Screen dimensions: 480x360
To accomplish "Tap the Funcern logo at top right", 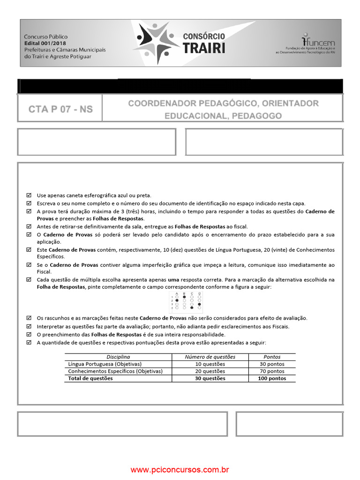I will click(312, 43).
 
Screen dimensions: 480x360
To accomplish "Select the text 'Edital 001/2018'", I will click(45, 43).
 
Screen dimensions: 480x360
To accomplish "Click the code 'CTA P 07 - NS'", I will click(60, 110).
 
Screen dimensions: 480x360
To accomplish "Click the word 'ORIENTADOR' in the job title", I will click(290, 103).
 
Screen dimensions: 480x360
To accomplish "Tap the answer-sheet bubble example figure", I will click(187, 301).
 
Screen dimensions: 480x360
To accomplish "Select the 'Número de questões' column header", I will click(210, 357).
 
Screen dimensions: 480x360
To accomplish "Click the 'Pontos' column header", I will click(272, 357).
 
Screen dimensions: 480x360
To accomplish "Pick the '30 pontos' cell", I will click(272, 364).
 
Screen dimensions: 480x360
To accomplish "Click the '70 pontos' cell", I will click(272, 371).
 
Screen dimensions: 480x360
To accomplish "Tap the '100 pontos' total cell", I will click(272, 378).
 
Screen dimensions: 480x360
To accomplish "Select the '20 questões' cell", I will click(210, 371).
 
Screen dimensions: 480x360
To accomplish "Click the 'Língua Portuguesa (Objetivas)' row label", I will click(105, 364).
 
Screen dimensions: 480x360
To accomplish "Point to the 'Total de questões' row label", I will click(90, 378).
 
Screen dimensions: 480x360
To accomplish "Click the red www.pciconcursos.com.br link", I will click(180, 469).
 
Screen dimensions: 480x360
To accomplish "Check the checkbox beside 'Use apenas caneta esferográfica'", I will click(29, 195).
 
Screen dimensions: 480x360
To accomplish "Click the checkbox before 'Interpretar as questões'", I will click(29, 326).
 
